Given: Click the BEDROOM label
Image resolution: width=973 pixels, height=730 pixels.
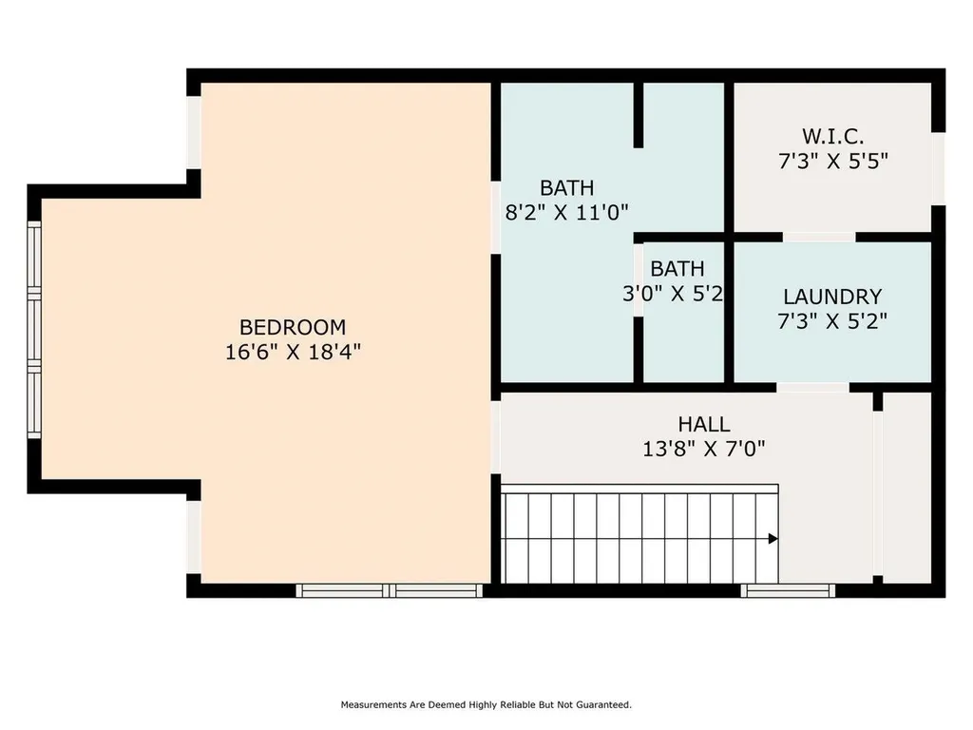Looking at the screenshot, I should pos(293,327).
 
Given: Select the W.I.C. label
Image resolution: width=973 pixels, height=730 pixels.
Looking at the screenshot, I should pos(833,137).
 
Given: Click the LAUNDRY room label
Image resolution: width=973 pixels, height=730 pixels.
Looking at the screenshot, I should pos(832,297).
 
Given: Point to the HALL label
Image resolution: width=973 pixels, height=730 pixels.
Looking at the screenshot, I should pos(704,424).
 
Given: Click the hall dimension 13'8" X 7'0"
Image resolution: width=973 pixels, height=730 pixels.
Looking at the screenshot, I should pos(704,448).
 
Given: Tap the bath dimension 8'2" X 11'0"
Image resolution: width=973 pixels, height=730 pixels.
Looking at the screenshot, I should pos(566,212).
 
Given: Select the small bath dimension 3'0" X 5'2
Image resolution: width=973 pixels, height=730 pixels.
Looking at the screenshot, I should pos(674,294).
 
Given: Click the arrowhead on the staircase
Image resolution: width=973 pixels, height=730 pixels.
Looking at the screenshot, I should pos(773,539).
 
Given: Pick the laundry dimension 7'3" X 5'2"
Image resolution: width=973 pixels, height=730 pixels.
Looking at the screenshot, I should pos(832,321).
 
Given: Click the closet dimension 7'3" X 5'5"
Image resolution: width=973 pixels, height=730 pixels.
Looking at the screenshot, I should pos(833,162).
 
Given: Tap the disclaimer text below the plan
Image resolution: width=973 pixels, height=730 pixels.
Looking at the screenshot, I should pos(486,705).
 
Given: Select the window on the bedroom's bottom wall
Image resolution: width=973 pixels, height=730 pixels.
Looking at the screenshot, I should pos(390,590).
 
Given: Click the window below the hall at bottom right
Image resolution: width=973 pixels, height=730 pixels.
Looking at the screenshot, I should pos(788,590).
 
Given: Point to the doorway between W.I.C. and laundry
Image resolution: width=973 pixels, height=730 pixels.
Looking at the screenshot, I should pos(819,237).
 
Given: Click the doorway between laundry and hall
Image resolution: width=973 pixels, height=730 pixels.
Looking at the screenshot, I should pos(812,388).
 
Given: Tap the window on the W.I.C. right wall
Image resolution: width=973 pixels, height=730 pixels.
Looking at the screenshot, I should pos(938,167).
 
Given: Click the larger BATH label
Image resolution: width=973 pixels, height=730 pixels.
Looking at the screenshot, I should pos(566,187).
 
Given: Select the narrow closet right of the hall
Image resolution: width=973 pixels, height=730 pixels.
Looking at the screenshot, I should pos(906,485).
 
